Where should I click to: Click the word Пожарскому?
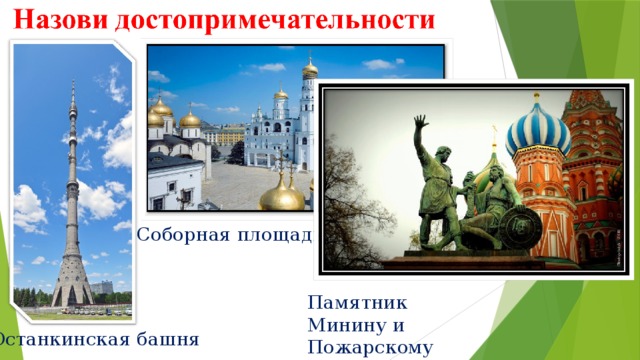370,347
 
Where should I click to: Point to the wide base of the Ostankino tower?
72,290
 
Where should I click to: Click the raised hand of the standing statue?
421,121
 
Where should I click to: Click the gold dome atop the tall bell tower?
310,69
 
